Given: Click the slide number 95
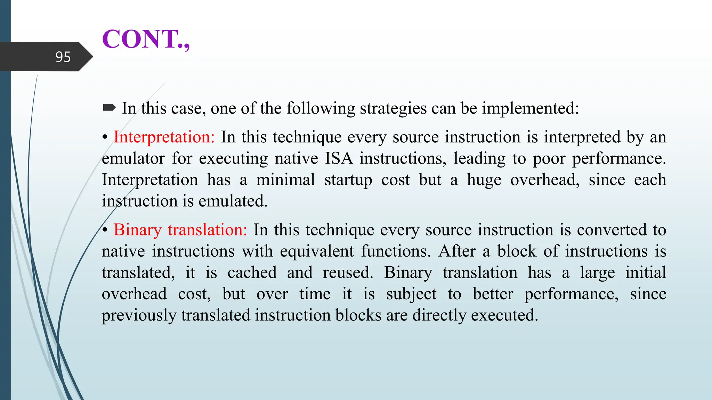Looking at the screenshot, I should point(63,57).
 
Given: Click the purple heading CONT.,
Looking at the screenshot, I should point(146,39).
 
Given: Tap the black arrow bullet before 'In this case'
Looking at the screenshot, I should point(109,108).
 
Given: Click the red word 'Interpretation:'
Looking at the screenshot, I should point(164,137).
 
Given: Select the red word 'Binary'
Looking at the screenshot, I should point(138,230).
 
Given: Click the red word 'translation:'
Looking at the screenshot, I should point(207,230).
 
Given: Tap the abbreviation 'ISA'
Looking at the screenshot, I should point(339,158).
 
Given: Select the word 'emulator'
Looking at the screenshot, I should point(133,159).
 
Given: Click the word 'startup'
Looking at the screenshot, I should point(348,180).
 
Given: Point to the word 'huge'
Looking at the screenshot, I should point(484,180).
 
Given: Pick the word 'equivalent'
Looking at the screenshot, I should point(317,251).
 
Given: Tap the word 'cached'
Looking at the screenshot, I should point(252,273).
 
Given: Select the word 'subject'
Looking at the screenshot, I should point(411,294).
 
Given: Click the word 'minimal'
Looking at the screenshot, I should point(285,180).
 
